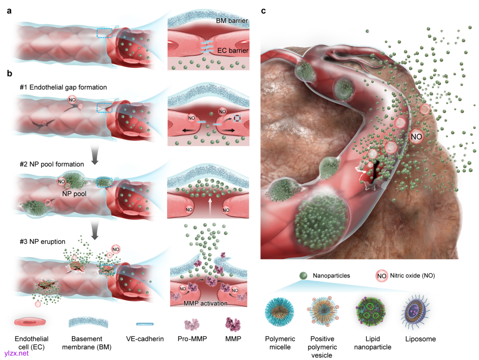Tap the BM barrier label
232,20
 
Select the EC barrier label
232,51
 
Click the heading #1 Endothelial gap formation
63,87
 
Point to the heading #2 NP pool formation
51,164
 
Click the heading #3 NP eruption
42,241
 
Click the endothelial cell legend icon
29,323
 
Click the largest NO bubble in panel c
416,137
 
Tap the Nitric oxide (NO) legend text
412,276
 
